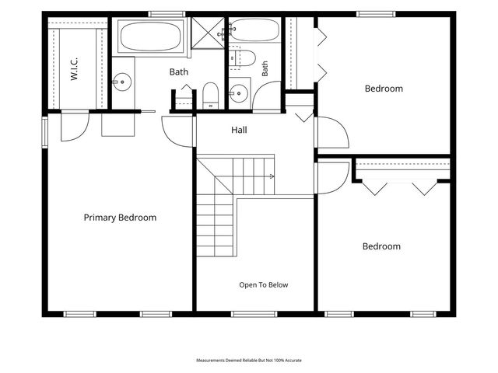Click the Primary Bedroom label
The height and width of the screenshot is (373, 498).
tap(120, 218)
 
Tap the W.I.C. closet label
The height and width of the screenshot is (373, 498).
tap(74, 69)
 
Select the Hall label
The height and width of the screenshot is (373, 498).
tap(239, 130)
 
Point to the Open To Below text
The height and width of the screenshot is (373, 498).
tap(264, 285)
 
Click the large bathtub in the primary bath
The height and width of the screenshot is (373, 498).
tap(150, 37)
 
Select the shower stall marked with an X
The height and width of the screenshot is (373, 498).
tap(208, 33)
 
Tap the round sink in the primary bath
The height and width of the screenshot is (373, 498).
tap(122, 82)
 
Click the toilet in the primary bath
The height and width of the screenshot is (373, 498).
tap(210, 96)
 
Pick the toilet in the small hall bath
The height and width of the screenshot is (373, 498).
tap(242, 58)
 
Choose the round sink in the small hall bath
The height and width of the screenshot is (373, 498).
tap(239, 93)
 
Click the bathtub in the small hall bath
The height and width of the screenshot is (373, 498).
tap(254, 30)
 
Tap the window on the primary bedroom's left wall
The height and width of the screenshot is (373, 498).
tap(45, 132)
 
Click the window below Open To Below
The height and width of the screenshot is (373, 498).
tap(254, 314)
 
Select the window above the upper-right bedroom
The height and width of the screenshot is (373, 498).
tap(376, 14)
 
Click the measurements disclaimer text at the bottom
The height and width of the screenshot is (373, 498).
tap(249, 361)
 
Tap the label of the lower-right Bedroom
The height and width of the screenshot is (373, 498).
tap(381, 246)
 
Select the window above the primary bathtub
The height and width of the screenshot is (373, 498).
tap(167, 14)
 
